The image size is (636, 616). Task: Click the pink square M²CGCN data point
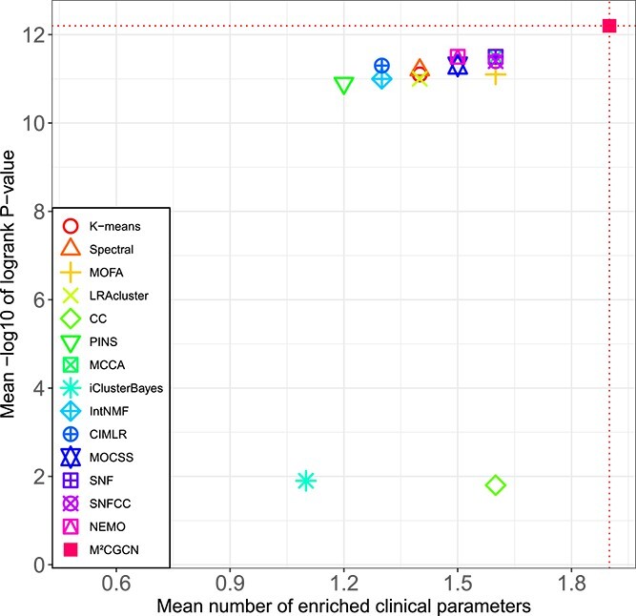coord(609,26)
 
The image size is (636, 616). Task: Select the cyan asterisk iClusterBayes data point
coord(305,481)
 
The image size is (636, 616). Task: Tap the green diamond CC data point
coord(495,485)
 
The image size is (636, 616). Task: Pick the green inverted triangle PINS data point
coord(343,86)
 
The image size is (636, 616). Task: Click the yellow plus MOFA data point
coord(495,73)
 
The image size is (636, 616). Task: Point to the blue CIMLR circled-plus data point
coord(381,66)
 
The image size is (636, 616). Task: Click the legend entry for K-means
coord(109,227)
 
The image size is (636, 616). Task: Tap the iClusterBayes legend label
coord(125,388)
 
